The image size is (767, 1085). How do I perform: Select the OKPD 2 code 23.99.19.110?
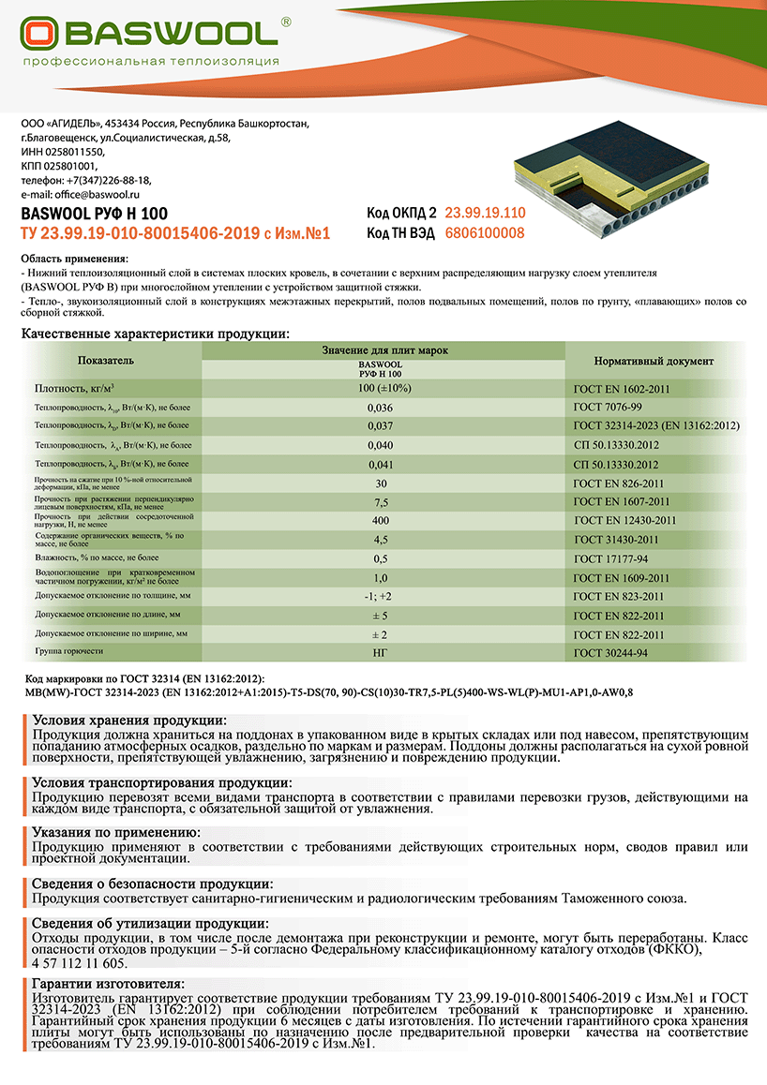[x=485, y=213]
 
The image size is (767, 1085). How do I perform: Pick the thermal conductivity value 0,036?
[x=382, y=408]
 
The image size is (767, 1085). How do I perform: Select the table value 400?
[x=381, y=520]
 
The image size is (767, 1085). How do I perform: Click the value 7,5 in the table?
[x=381, y=502]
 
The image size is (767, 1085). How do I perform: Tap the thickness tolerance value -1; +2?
[x=381, y=596]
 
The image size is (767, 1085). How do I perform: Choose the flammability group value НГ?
[x=381, y=652]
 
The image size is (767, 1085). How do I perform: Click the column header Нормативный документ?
[x=654, y=361]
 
